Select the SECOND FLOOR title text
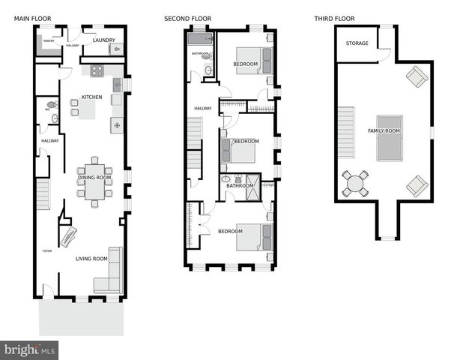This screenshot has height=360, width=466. click(187, 18)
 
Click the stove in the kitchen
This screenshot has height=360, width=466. click(97, 71)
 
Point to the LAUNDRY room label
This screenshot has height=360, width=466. click(103, 40)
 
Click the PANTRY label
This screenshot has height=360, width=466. click(48, 41)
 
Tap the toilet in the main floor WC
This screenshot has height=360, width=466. click(51, 106)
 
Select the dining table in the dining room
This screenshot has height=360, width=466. click(94, 181)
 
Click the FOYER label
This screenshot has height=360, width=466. click(47, 251)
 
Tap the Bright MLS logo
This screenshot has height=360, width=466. click(29, 349)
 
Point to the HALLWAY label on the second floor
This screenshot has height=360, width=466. click(202, 108)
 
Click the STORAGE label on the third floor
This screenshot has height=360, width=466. click(357, 43)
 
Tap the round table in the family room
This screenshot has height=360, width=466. click(356, 183)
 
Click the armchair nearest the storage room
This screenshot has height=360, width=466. click(416, 76)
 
